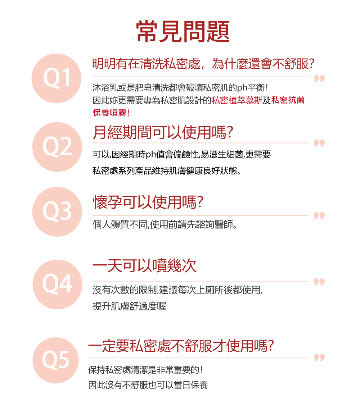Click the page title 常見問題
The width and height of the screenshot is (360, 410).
[x=183, y=31]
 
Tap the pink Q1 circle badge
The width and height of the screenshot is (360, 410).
[x=57, y=78]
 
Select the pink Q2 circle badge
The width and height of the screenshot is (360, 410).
[x=57, y=147]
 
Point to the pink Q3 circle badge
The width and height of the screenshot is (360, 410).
[x=57, y=212]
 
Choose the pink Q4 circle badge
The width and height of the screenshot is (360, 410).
[x=57, y=284]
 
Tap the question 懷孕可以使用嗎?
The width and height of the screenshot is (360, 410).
[x=148, y=203]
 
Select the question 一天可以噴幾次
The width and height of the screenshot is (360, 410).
[x=144, y=266]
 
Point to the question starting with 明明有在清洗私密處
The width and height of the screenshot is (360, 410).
[x=203, y=64]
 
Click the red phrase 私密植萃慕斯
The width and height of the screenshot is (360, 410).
[x=237, y=100]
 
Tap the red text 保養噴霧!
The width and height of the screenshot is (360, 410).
[x=112, y=113]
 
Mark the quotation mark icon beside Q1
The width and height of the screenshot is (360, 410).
[x=319, y=79]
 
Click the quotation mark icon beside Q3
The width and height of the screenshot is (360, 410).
[x=319, y=216]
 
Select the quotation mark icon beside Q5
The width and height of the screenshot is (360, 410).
[x=319, y=357]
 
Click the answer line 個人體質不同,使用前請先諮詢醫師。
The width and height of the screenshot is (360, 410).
[x=165, y=225]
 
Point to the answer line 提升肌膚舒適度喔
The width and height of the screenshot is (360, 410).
[x=129, y=306]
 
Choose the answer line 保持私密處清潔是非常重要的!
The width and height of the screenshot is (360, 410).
[x=148, y=370]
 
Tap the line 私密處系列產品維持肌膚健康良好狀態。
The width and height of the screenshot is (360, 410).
[x=167, y=170]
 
